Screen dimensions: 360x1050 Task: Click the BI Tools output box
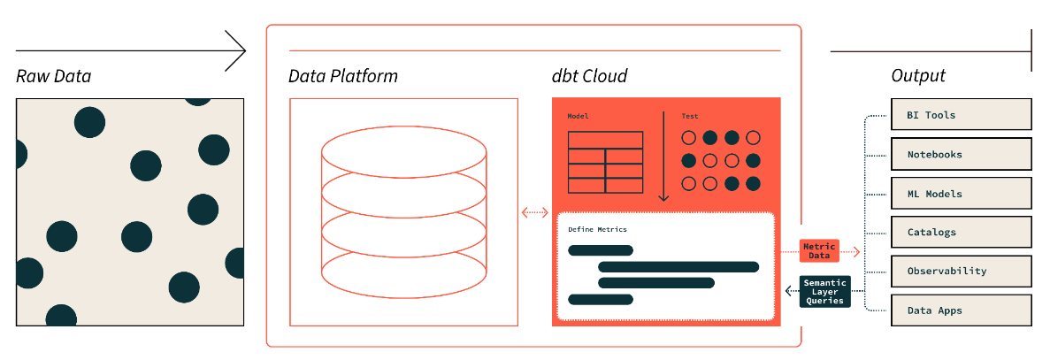click(x=962, y=115)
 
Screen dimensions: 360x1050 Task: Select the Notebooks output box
click(x=962, y=154)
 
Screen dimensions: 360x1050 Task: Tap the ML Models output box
click(x=962, y=194)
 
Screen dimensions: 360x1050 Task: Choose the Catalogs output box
click(x=962, y=233)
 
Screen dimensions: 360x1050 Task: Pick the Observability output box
click(x=962, y=272)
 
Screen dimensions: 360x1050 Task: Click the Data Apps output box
click(x=962, y=310)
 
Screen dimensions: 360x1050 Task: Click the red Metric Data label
click(x=819, y=251)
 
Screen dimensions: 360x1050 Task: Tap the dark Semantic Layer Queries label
click(x=825, y=292)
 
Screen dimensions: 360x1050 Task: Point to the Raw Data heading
click(x=53, y=77)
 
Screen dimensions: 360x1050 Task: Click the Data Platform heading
click(x=343, y=76)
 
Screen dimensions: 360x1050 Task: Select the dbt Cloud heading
click(x=590, y=76)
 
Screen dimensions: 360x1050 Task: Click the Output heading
click(x=918, y=76)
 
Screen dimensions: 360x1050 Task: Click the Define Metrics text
click(x=597, y=230)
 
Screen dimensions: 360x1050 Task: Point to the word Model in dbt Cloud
click(x=578, y=117)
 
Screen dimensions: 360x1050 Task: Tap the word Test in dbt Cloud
click(x=690, y=117)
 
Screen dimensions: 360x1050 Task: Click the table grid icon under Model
click(x=605, y=162)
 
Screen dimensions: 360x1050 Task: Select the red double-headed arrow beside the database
click(x=535, y=212)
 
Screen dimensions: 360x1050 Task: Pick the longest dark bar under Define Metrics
click(x=678, y=266)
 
